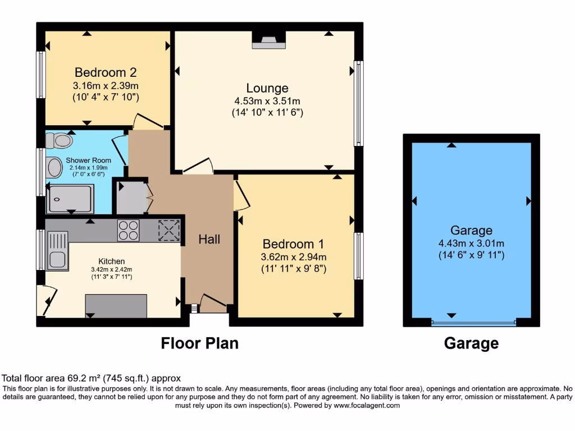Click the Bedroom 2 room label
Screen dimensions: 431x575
tap(106, 72)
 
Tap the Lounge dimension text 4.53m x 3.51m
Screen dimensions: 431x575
tap(267, 101)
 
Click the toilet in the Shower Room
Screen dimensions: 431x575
tap(60, 140)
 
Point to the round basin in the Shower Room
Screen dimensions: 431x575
tap(54, 167)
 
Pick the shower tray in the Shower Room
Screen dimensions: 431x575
tap(70, 199)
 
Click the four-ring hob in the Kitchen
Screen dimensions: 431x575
tap(128, 230)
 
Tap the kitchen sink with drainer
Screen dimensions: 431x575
tap(57, 251)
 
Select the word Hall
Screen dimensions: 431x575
tap(209, 239)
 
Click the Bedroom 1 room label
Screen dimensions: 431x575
tap(293, 244)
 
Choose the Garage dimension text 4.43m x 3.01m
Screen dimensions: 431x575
tap(471, 243)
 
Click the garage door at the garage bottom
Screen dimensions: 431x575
tap(473, 323)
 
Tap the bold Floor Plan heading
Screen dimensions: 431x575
tap(200, 343)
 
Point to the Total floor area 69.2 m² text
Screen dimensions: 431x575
tap(92, 379)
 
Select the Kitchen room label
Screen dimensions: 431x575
tap(112, 262)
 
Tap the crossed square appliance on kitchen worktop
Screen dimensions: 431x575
tap(167, 230)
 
